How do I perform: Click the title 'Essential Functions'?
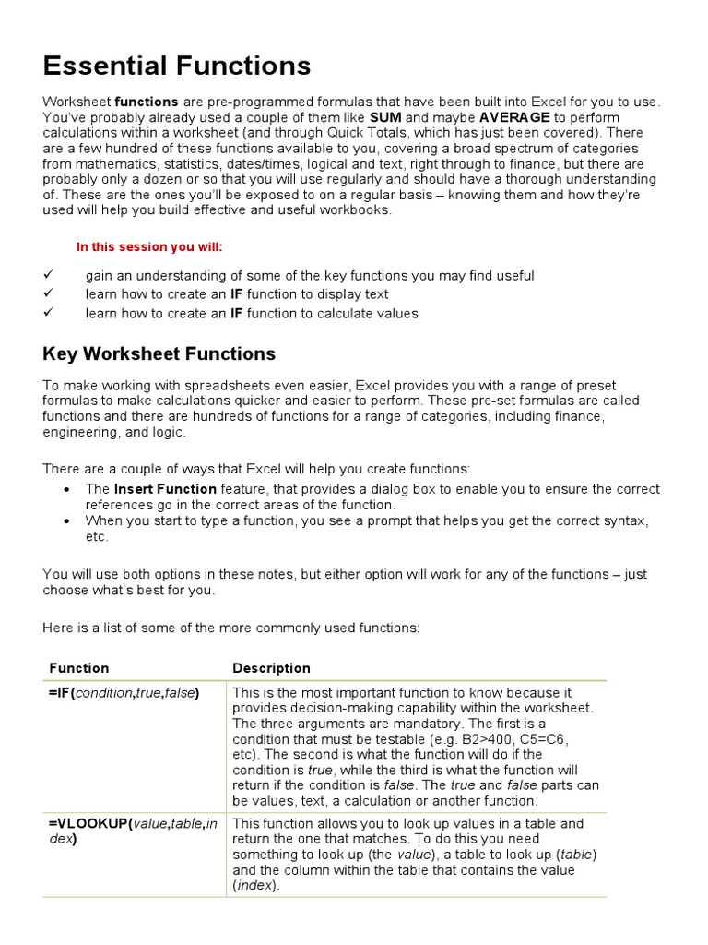177,66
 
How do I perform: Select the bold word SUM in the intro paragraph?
386,117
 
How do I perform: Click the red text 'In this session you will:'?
149,247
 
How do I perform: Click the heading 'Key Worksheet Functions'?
159,353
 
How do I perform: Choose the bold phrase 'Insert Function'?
165,489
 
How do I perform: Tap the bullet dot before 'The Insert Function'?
66,489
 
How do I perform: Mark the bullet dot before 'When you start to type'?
66,521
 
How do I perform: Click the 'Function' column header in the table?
78,668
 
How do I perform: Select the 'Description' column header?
271,668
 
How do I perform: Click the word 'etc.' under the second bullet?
97,537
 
